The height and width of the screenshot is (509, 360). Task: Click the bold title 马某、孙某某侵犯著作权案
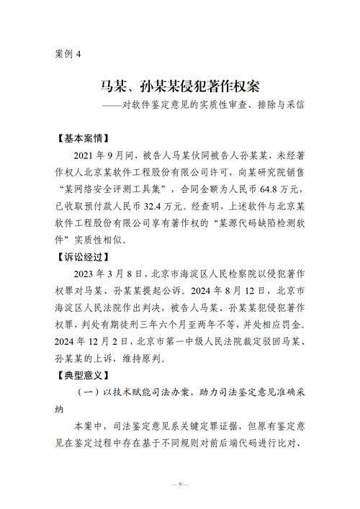point(180,86)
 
